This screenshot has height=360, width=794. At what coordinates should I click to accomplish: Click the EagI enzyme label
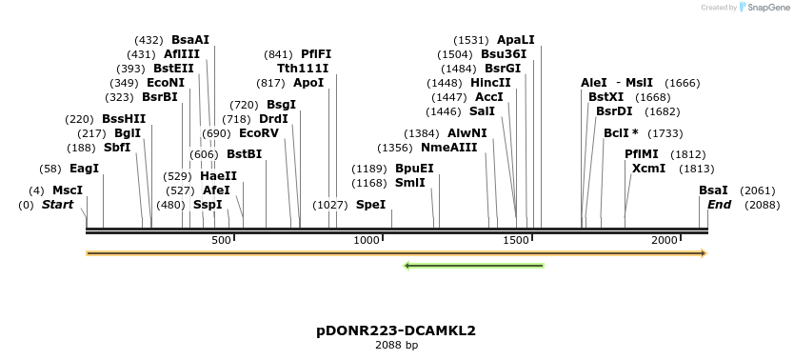click(84, 169)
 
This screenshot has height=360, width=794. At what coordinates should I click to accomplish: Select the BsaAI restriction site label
click(190, 40)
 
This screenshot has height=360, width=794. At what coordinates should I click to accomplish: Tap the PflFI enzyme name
click(316, 54)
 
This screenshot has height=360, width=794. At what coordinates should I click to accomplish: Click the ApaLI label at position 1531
click(516, 40)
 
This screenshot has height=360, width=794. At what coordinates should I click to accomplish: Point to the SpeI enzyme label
click(371, 205)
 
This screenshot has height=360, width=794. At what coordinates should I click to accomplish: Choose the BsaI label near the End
click(713, 190)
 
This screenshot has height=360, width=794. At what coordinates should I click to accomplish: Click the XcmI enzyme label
click(649, 169)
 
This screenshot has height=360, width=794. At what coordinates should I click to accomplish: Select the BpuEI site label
click(414, 169)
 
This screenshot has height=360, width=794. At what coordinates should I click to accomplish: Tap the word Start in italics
click(57, 205)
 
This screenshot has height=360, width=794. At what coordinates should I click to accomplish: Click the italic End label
click(720, 205)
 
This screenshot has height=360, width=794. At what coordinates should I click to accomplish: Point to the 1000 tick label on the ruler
click(367, 240)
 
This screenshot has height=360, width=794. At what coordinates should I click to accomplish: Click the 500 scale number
click(221, 240)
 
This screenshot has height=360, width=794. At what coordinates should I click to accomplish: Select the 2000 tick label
click(665, 240)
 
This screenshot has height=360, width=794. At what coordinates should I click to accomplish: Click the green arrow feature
click(473, 265)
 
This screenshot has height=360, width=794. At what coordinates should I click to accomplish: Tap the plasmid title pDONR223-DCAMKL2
click(396, 330)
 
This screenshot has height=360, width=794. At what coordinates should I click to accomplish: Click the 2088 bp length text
click(396, 346)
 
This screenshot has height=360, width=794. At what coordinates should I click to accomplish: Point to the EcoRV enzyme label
click(259, 133)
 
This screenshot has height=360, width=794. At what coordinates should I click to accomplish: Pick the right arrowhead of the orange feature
click(704, 253)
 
